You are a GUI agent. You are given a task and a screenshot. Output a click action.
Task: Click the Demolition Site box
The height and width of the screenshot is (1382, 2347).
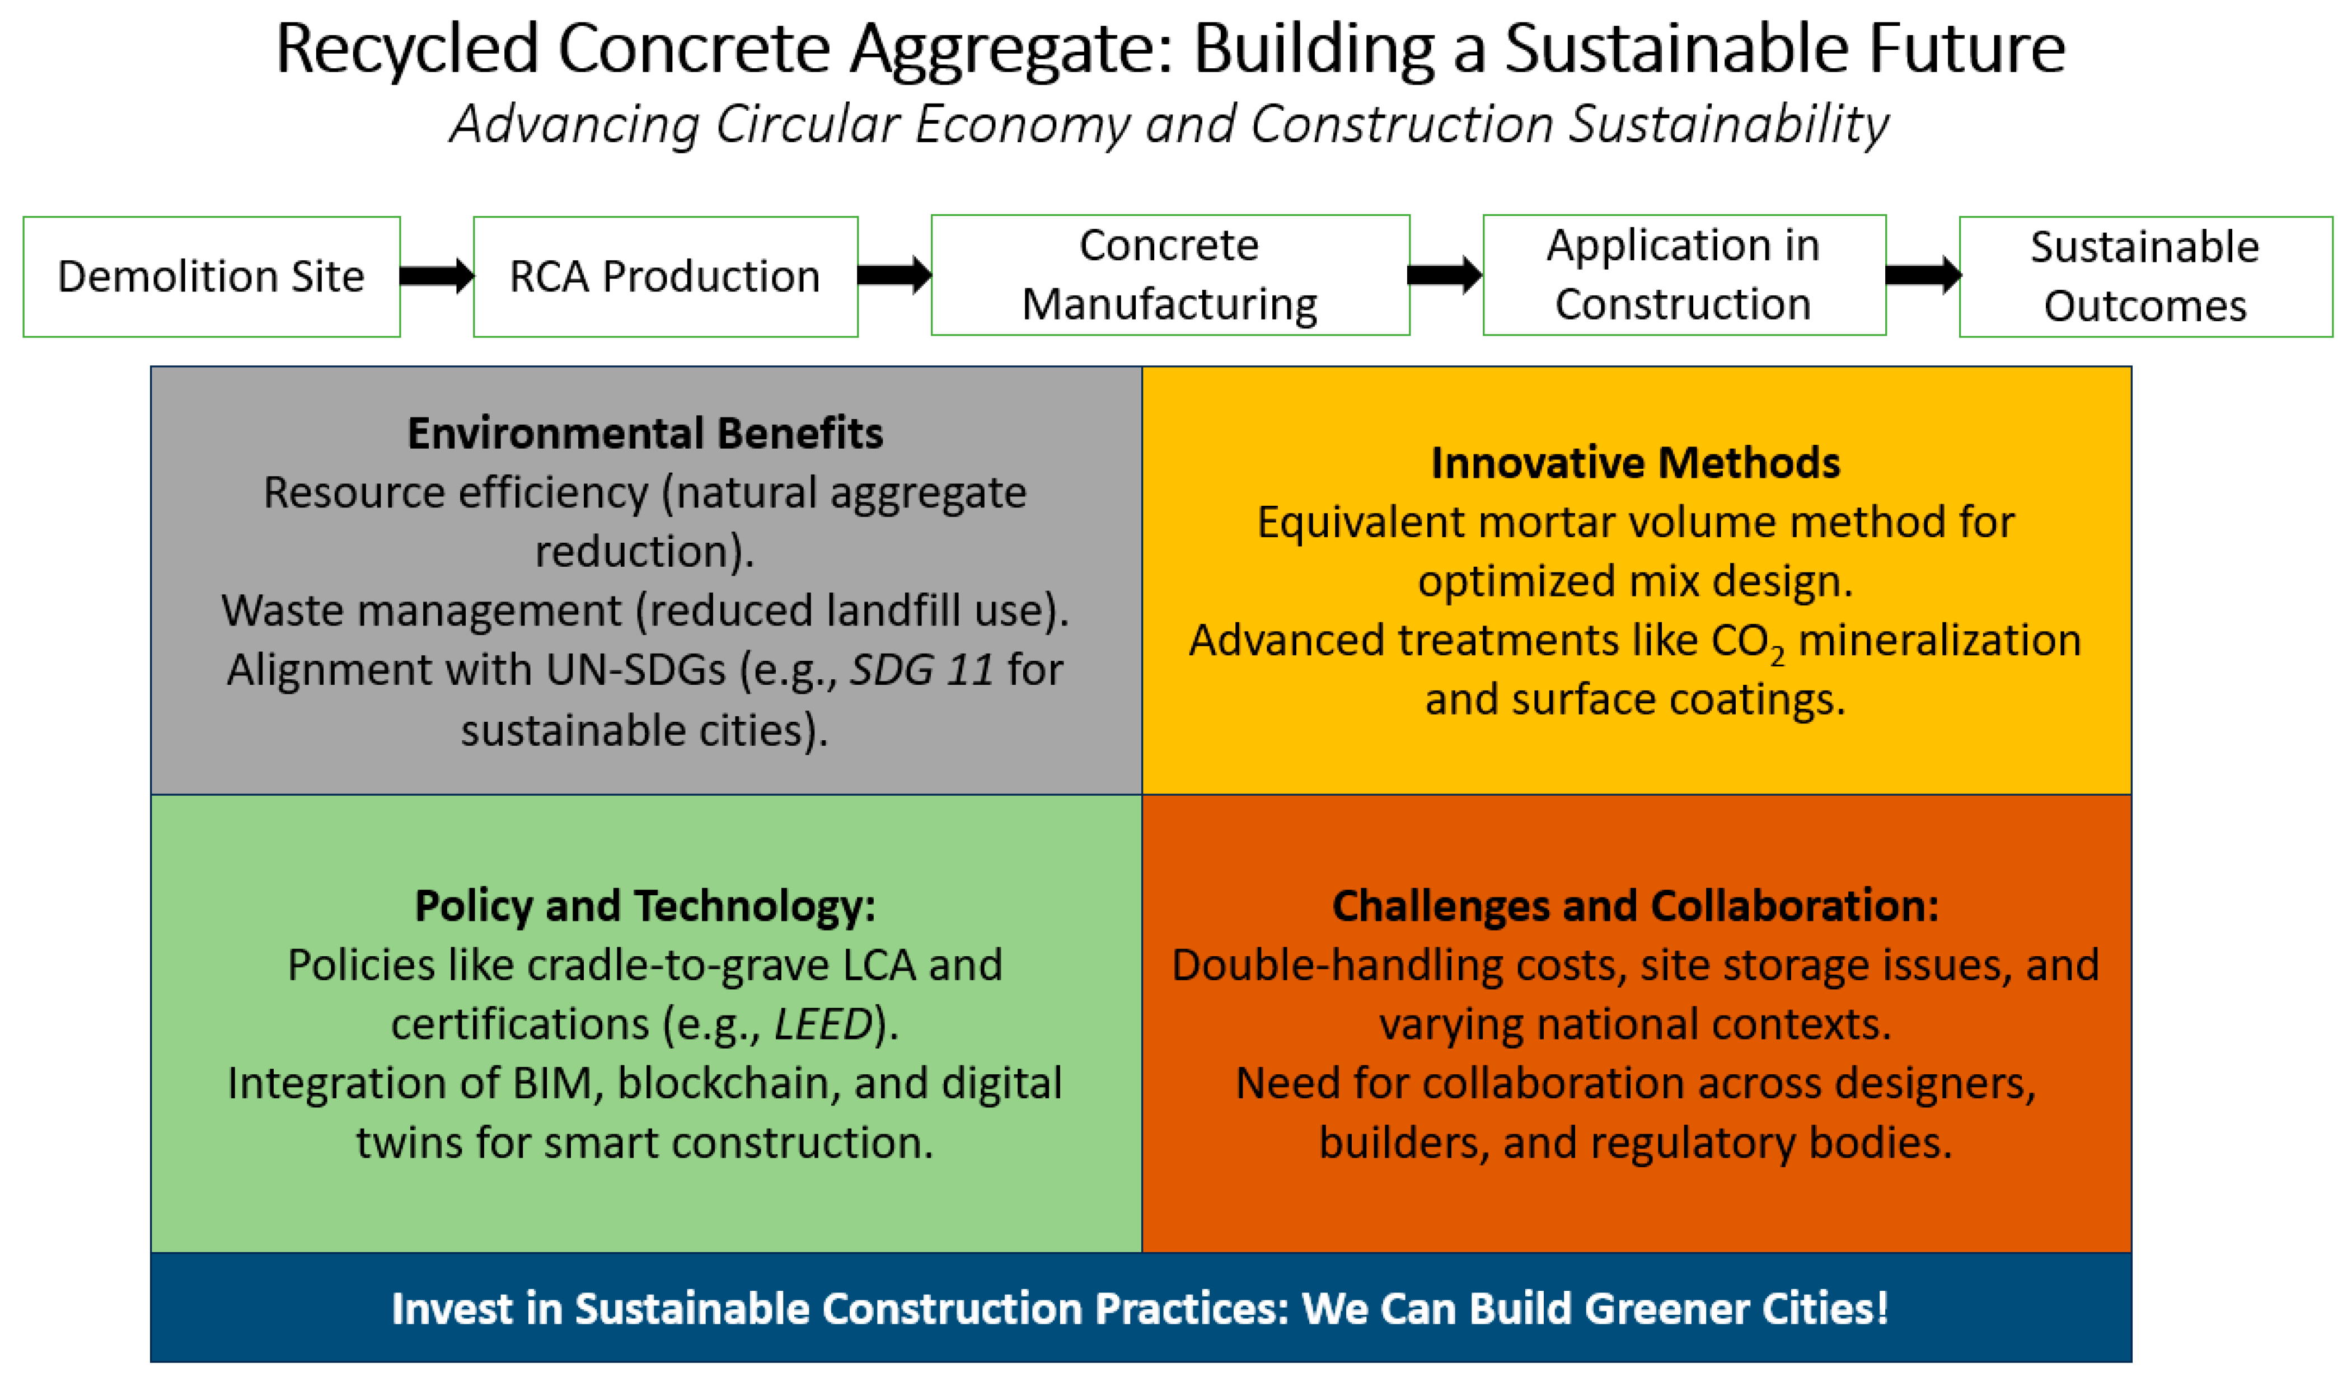click(x=212, y=276)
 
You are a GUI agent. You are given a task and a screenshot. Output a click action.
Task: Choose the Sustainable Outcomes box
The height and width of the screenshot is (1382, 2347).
click(x=2146, y=276)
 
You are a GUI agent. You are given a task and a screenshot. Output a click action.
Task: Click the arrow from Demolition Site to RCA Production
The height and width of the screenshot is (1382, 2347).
click(x=437, y=276)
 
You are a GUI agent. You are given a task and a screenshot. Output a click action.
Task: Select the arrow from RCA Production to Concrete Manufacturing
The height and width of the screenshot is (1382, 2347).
click(x=894, y=275)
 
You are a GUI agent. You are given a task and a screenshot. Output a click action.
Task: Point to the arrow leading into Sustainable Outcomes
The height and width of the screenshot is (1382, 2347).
click(x=1923, y=275)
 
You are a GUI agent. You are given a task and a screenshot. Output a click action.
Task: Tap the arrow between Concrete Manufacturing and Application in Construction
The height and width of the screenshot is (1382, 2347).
click(x=1445, y=275)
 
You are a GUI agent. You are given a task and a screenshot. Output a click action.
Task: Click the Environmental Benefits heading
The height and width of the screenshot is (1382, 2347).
click(x=645, y=433)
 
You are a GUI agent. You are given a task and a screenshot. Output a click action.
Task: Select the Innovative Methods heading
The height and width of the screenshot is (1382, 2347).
click(x=1636, y=463)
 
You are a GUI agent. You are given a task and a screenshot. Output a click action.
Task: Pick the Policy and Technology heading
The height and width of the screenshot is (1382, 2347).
click(x=645, y=906)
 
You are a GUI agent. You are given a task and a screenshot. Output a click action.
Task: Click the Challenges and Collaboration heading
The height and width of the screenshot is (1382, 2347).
click(x=1636, y=906)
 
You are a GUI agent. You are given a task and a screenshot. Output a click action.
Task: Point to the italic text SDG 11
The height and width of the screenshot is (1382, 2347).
click(x=922, y=670)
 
